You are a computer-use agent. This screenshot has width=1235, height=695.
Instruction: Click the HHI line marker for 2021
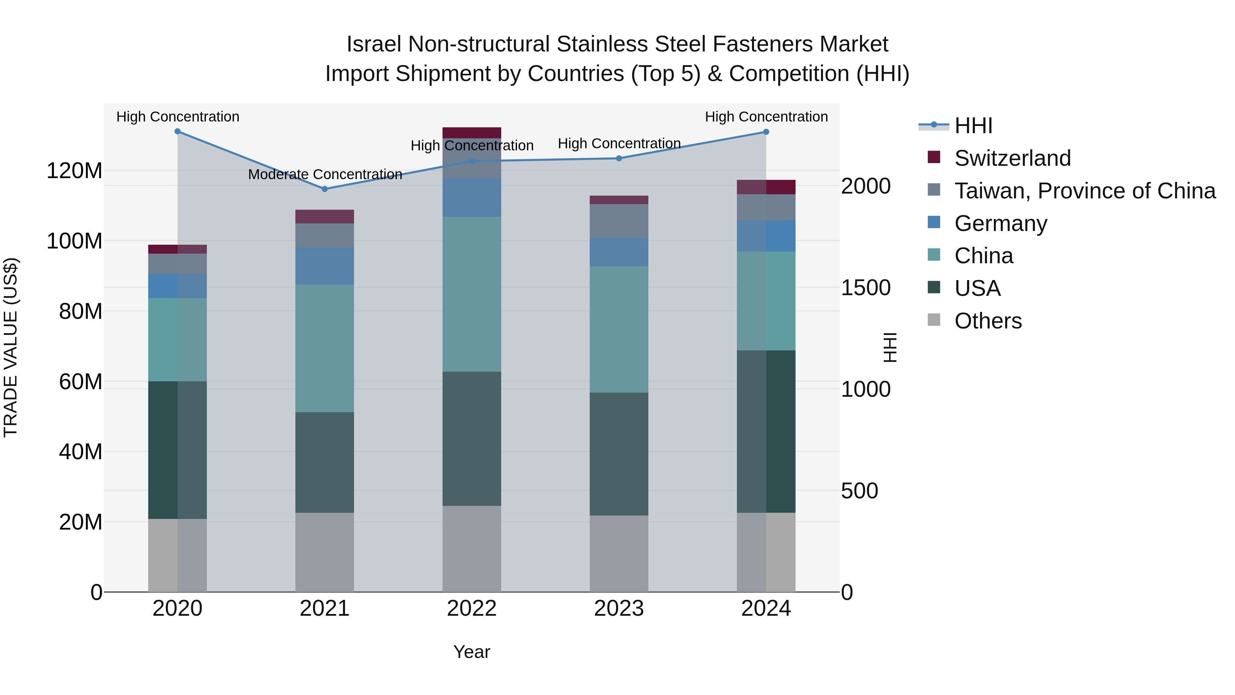point(325,189)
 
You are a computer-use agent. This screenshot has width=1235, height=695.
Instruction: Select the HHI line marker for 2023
point(619,158)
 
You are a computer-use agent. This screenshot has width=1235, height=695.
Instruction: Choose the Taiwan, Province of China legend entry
point(1084,191)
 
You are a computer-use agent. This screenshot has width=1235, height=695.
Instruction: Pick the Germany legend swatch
point(934,222)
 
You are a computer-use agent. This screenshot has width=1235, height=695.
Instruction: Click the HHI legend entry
point(973,126)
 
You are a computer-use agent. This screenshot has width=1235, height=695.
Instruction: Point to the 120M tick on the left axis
point(74,171)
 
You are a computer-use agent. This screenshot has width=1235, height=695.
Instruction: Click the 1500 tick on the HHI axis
point(866,288)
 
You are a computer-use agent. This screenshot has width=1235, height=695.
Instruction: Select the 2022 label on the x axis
point(472,609)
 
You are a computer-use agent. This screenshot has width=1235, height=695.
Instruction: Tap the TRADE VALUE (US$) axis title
point(11,347)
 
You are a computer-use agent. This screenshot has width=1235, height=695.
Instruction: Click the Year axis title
point(472,652)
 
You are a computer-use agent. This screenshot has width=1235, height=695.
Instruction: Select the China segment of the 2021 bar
point(325,348)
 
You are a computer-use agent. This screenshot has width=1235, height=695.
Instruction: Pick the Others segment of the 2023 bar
point(619,554)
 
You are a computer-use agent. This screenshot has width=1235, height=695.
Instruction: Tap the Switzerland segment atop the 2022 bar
point(472,132)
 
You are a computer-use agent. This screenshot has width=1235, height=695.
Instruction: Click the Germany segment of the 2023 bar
point(619,252)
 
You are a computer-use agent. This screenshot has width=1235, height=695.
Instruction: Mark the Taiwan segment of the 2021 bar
point(325,235)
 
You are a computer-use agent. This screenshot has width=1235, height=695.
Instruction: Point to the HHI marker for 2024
point(766,132)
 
